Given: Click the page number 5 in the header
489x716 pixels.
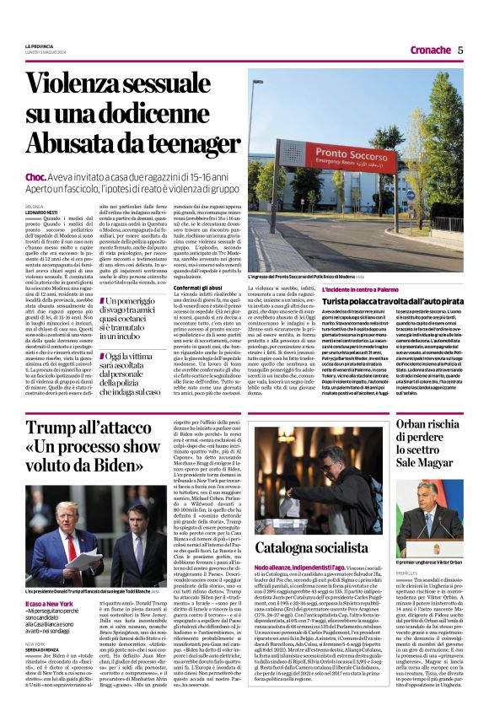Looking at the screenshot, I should pos(460,50).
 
